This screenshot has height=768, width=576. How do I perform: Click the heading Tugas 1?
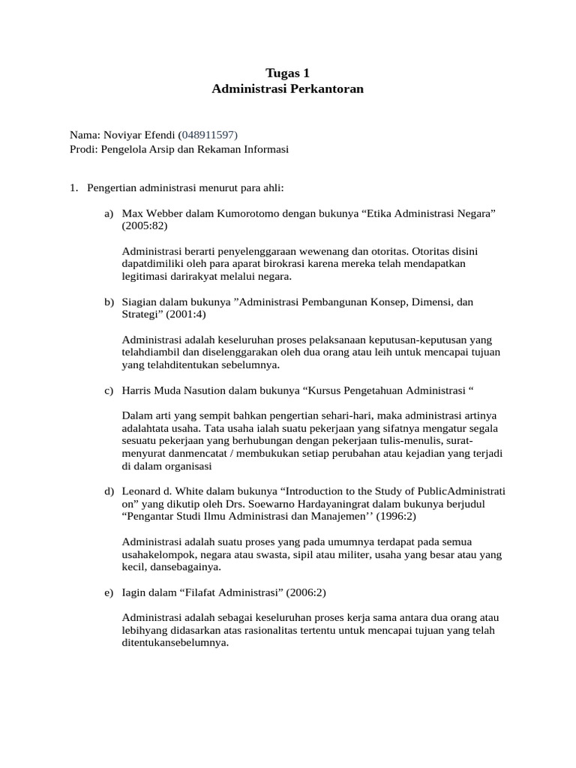click(287, 73)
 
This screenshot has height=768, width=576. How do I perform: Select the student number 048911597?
click(208, 135)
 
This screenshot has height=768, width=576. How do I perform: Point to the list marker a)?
click(109, 214)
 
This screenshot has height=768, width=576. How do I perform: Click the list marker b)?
click(109, 301)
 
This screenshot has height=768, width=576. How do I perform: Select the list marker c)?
click(109, 390)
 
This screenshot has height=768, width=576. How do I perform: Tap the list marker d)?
click(109, 491)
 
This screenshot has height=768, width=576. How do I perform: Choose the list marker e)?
click(109, 593)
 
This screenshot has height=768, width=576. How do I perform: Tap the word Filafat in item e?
click(180, 593)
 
